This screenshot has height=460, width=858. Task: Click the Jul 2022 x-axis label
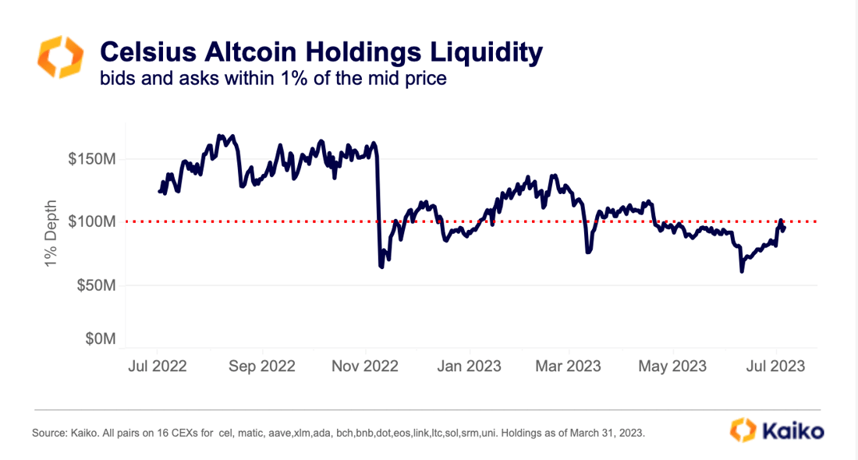point(157,366)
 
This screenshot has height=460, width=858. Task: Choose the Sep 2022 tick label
point(261,366)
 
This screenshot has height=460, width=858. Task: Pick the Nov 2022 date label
point(366,366)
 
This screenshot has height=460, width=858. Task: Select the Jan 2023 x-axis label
point(469,366)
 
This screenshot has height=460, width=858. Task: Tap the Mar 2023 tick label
point(569,366)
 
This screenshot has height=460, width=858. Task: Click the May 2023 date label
point(672,366)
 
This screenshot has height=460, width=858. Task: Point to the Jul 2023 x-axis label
point(775,366)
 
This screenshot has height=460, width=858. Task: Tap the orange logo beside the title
point(58,57)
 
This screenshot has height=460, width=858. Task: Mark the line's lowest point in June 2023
point(742,271)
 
